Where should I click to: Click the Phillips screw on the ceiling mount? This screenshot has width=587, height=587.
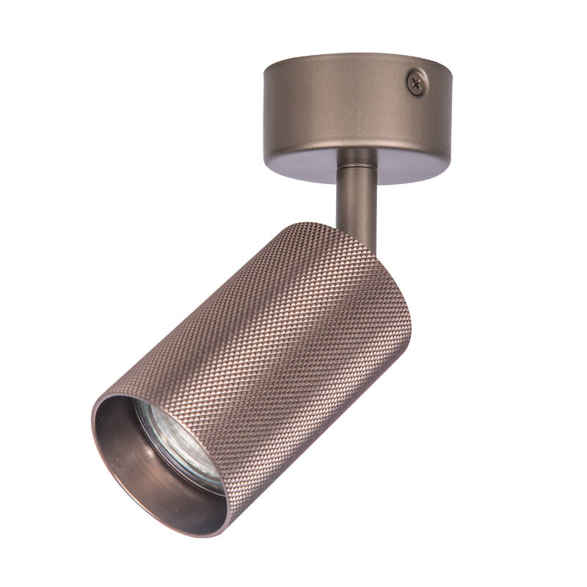tap(417, 82)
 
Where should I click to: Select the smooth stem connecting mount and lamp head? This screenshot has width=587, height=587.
tap(357, 198)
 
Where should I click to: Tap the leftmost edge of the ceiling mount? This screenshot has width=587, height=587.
tap(265, 110)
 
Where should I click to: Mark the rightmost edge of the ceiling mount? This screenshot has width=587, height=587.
tap(451, 110)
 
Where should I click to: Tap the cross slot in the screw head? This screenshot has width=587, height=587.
tap(417, 82)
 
